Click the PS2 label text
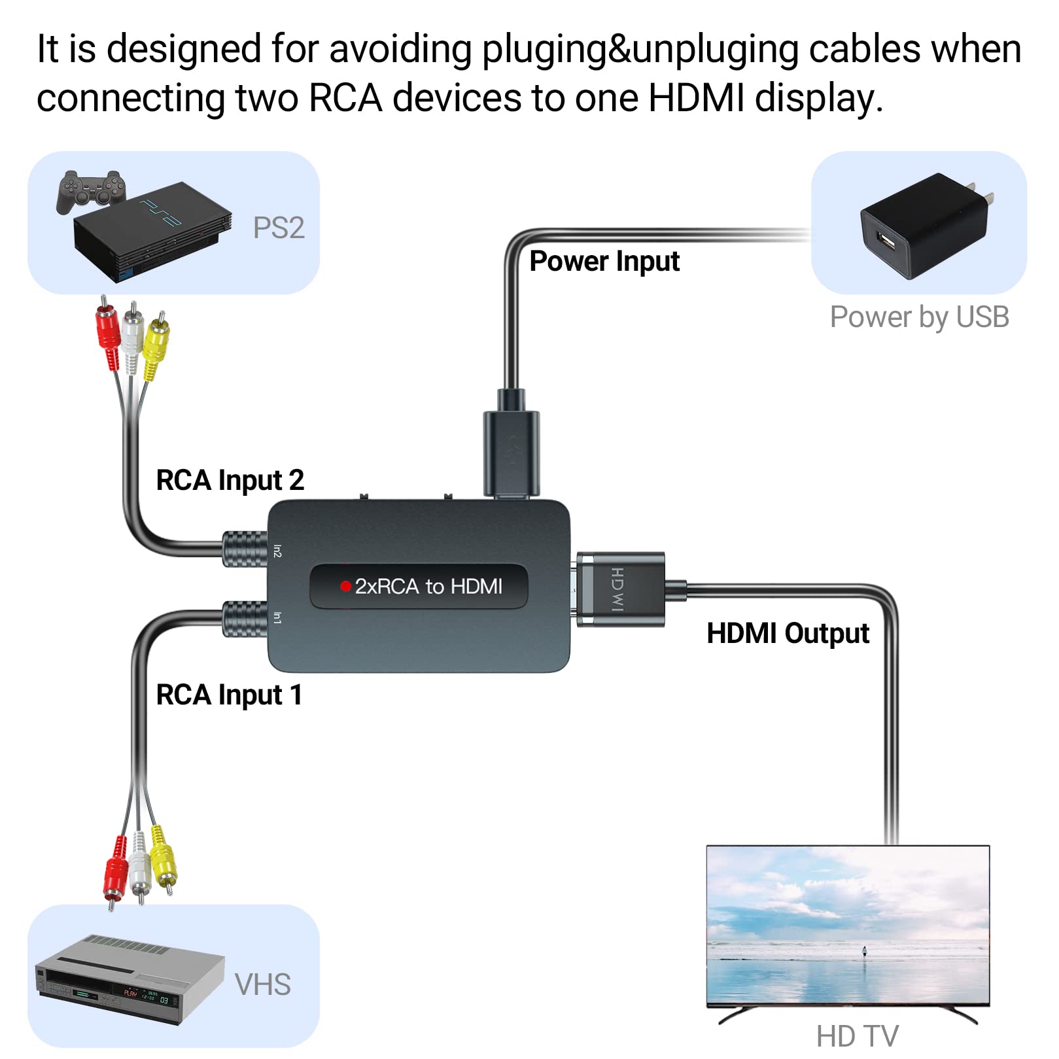[x=279, y=228]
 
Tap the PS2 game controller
[x=90, y=190]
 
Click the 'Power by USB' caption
[x=919, y=317]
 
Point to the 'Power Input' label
[x=604, y=261]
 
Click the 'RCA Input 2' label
[x=230, y=480]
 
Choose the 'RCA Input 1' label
[x=229, y=695]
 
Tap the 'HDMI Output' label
[x=788, y=633]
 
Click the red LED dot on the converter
[x=345, y=586]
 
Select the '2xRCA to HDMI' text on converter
[x=428, y=586]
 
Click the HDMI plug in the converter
[x=621, y=589]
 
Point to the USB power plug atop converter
[x=512, y=451]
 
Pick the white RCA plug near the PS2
[x=132, y=337]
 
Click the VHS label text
[x=262, y=984]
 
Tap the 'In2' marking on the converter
[x=277, y=551]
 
